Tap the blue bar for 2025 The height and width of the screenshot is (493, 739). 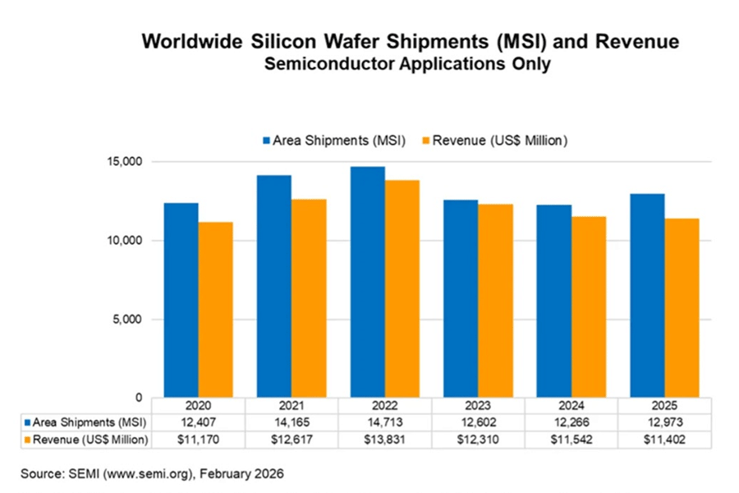pos(647,296)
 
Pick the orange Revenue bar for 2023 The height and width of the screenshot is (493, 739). pos(496,301)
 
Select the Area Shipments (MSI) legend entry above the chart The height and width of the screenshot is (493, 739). pos(334,141)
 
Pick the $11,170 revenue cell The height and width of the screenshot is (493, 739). pos(198,440)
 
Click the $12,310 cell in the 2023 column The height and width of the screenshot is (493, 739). pos(478,440)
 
